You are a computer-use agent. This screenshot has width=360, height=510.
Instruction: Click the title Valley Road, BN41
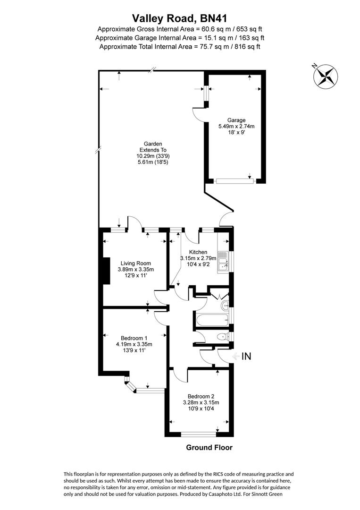point(180,18)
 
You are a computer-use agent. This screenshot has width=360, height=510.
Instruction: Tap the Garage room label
point(236,120)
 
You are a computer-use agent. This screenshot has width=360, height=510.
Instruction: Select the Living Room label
point(135,263)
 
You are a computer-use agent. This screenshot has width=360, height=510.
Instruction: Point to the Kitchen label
point(198,252)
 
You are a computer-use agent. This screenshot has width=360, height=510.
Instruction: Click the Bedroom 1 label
point(134,338)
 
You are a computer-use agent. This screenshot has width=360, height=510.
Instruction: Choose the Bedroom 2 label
point(201,396)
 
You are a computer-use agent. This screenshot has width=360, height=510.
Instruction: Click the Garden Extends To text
point(153,147)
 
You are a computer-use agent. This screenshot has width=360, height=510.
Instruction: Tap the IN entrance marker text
point(246,357)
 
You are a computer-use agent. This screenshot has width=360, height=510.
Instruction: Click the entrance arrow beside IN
point(236,357)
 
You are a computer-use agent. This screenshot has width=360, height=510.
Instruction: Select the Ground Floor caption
point(209,448)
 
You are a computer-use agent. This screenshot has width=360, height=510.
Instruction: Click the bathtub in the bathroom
point(212,319)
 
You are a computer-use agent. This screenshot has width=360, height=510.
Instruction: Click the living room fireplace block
point(106,271)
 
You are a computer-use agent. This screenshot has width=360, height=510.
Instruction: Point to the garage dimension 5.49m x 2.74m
point(236,126)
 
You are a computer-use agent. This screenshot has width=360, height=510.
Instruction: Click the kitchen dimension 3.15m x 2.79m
point(198,258)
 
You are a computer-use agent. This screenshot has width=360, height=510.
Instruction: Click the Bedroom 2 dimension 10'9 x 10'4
point(201,409)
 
